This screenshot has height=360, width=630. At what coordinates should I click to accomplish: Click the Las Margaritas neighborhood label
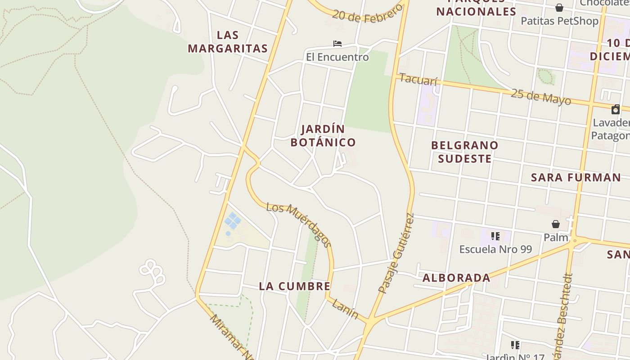coord(228,42)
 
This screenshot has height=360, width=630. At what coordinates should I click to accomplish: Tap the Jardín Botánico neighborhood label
coord(323,135)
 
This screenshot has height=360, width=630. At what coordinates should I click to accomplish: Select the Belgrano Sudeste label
coord(464,152)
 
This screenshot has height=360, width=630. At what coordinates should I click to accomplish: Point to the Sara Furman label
coord(576,177)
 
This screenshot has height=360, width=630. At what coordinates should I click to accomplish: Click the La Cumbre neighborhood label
coord(295,286)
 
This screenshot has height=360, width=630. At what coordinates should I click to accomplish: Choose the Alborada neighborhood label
coord(456,278)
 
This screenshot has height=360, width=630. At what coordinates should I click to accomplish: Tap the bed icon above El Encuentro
coord(337,44)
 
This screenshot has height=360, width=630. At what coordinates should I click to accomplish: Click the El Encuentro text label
coord(337,57)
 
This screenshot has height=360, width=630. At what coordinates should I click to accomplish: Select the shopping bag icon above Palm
coord(556,224)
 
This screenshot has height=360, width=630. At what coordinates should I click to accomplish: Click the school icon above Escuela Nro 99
coord(495,236)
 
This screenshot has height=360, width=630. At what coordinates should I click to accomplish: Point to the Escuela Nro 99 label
coord(495,249)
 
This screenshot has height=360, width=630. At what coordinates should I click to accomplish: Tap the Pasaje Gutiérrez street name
coord(396,253)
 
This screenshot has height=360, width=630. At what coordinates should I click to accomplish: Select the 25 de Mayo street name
coord(541,97)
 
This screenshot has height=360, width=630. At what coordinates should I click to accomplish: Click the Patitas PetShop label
coord(559,21)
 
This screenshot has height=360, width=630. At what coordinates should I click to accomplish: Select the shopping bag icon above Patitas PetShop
coord(559,8)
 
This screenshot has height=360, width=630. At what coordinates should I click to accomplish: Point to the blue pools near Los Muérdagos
coord(232,221)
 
